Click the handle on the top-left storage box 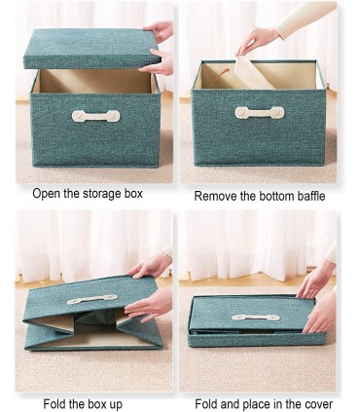pos(95,116)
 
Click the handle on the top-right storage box pos(260,112)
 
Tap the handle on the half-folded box pos(92,299)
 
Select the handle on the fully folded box pos(256,318)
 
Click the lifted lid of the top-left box pos(91,49)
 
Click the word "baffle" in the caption pos(310,196)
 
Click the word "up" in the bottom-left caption pos(116,405)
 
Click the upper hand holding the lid pos(159,31)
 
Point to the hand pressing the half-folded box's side pos(149,304)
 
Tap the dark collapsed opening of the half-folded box pos(95,319)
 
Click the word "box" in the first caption pos(133,194)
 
